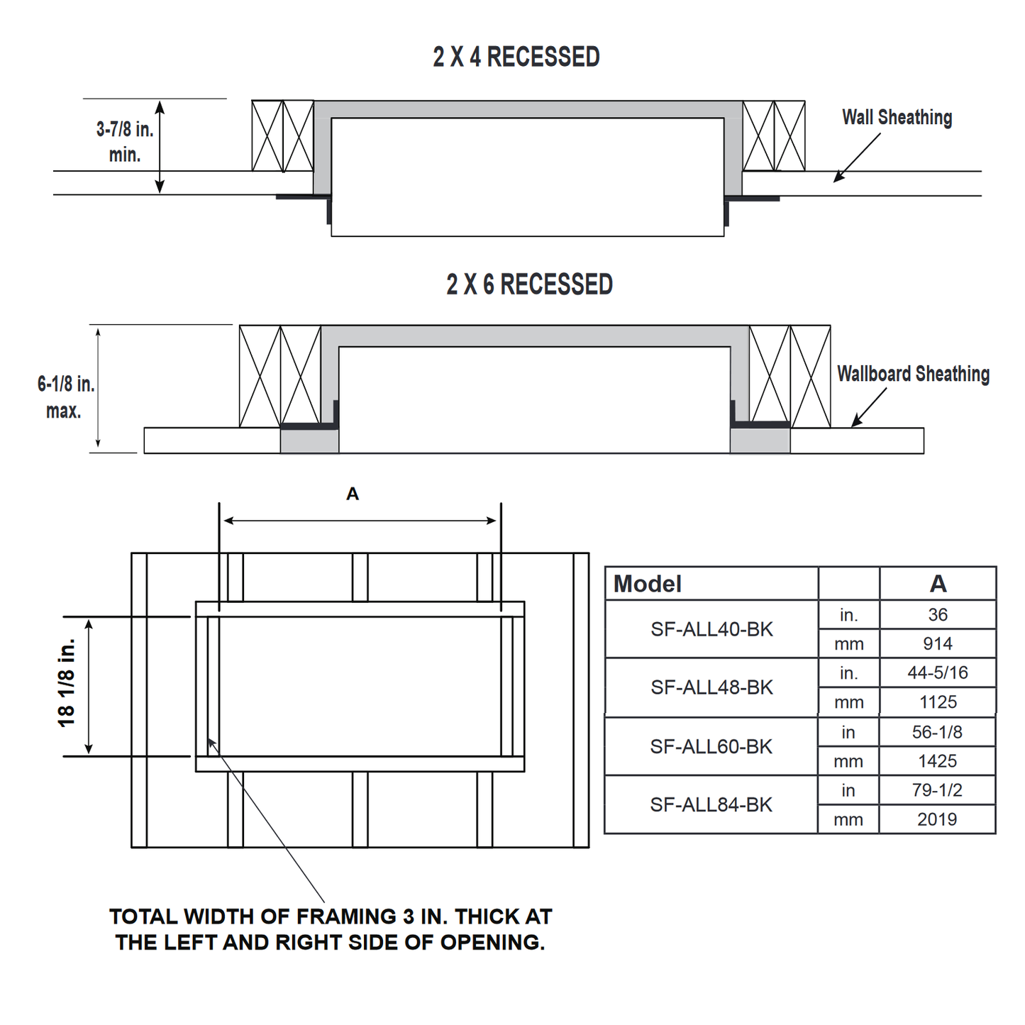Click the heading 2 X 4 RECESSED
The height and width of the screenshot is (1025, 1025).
coord(516,57)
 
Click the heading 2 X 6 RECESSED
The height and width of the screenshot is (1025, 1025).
coord(529,284)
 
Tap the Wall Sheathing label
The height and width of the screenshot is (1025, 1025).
coord(897,117)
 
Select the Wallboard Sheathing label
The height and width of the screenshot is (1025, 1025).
coord(913,374)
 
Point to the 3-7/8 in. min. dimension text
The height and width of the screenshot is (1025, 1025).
coord(125,142)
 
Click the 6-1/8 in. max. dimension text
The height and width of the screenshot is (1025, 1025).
coord(65,397)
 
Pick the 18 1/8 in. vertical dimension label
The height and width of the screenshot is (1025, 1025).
coord(67,683)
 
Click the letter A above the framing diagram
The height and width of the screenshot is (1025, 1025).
coord(353,494)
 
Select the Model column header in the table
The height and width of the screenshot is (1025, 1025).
coord(648,584)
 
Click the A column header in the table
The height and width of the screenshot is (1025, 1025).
coord(938,584)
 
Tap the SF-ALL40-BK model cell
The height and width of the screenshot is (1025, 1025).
coord(711,629)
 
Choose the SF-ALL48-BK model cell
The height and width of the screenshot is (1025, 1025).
coord(711,687)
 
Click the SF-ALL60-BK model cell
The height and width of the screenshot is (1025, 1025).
coord(711,746)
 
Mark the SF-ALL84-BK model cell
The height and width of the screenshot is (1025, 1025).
coord(711,804)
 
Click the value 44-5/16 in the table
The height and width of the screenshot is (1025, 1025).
coord(938,672)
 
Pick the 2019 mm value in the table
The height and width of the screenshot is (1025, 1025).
coord(937,819)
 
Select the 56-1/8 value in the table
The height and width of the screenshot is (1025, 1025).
coord(937,732)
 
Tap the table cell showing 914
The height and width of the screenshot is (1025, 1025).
coord(938,643)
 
